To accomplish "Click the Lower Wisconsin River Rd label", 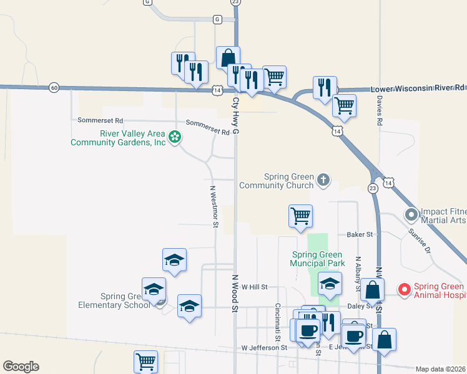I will tap(418, 89).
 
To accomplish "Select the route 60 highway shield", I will tap(54, 88).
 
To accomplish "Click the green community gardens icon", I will tap(175, 137).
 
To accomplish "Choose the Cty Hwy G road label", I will tap(236, 115).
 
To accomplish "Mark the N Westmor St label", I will tap(214, 206).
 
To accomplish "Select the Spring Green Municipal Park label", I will tap(317, 259).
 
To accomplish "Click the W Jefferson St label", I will tap(263, 347).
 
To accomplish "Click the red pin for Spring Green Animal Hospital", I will tap(404, 290).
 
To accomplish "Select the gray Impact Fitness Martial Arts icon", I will tap(411, 215).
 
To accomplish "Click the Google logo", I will tap(21, 367).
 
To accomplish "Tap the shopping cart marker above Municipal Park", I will tap(300, 216).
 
